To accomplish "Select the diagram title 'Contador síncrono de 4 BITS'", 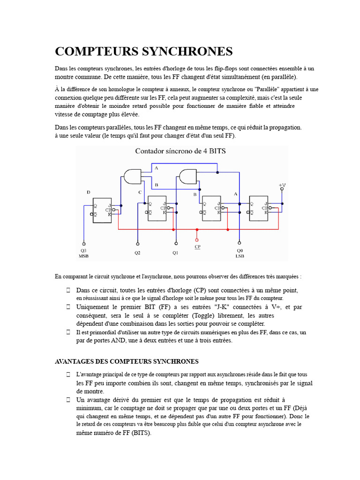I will pos(180,151).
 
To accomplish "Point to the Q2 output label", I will pos(137,253).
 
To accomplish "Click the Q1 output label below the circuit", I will pos(175,253).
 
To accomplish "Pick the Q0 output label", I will pos(240,251).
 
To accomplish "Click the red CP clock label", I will pos(197,246).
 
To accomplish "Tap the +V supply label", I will pos(282,186).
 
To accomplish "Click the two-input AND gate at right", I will pos(188,176).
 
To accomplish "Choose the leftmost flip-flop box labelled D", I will pos(102,210).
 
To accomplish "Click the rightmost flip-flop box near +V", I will pos(259,208).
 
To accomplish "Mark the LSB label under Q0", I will pos(240,256).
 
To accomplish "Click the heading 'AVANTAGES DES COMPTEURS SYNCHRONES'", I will pos(127,361).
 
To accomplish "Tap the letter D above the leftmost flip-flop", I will pos(89,192).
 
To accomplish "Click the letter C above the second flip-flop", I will pos(140,192).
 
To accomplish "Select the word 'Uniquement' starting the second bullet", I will pos(93,307).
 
